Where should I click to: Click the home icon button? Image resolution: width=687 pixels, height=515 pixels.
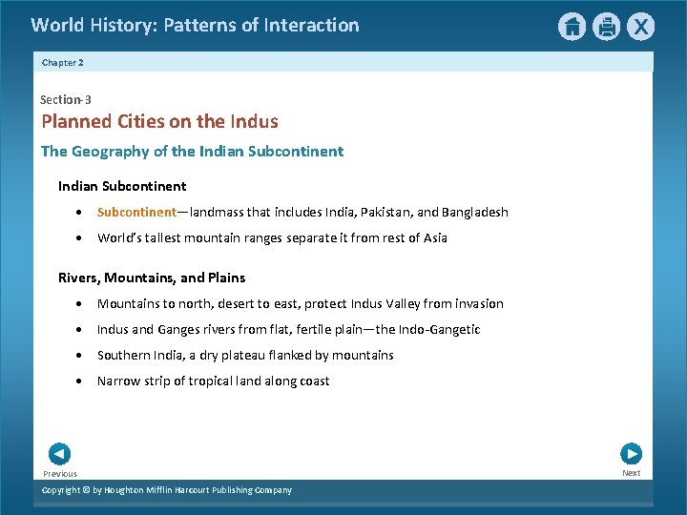tap(572, 27)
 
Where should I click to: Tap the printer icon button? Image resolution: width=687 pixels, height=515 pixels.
tap(606, 27)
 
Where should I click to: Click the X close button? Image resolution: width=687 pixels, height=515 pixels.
tap(640, 27)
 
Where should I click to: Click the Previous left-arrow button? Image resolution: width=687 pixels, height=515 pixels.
tap(59, 454)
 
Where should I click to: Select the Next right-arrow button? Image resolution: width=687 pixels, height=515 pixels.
tap(631, 454)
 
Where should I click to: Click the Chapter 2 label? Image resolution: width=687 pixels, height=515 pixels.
tap(63, 62)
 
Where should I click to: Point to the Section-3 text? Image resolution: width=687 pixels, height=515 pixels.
tap(66, 99)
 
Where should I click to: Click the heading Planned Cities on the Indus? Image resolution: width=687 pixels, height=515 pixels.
tap(159, 121)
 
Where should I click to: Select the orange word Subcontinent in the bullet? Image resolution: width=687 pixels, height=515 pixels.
tap(136, 212)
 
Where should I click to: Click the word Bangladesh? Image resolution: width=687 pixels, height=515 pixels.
tap(473, 212)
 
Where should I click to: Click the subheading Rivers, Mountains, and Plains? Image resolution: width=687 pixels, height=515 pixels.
tap(152, 278)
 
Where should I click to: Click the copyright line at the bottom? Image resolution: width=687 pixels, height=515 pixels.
tap(167, 490)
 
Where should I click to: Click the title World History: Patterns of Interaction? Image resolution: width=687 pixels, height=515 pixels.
tap(195, 26)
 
